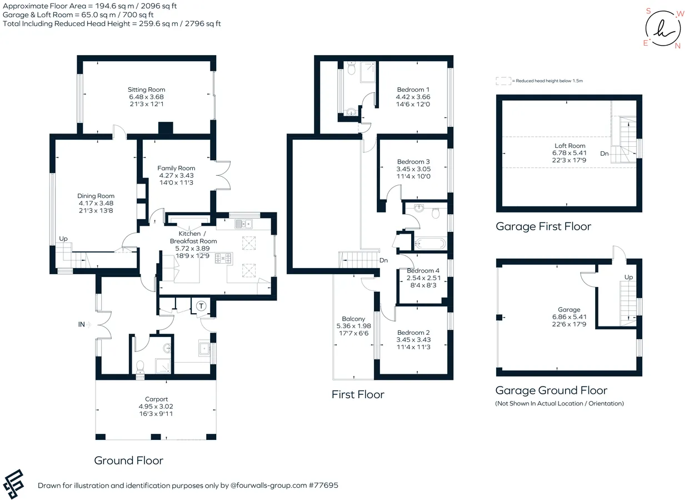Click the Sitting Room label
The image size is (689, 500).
tap(147, 90)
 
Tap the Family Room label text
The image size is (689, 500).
tap(176, 168)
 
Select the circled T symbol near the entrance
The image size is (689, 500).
tap(201, 306)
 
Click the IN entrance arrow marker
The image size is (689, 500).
tap(88, 324)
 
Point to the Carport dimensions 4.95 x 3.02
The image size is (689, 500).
tap(156, 407)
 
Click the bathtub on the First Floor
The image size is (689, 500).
tap(430, 244)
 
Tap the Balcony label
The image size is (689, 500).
tap(353, 319)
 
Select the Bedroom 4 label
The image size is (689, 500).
tap(423, 271)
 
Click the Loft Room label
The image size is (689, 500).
tap(570, 146)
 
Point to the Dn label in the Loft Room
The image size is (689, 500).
tap(604, 154)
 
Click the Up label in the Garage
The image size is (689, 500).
tap(628, 277)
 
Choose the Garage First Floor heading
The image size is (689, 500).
tap(543, 226)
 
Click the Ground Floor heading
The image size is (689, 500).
tap(128, 461)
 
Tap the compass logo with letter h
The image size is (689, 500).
tap(663, 28)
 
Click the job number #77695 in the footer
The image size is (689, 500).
tap(323, 486)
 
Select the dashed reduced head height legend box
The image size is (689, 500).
tap(503, 81)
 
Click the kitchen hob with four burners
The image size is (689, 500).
tap(223, 258)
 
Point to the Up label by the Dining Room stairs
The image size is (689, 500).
tap(63, 239)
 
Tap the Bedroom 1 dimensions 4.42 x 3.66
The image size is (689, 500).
tap(413, 97)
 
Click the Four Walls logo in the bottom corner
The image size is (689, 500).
tap(13, 484)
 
